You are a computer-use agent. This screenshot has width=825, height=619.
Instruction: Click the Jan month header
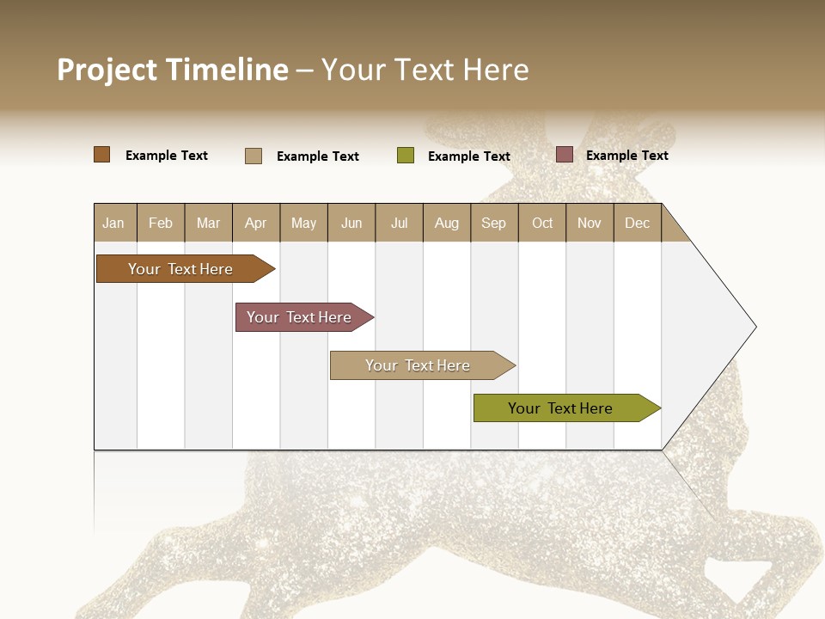(x=114, y=223)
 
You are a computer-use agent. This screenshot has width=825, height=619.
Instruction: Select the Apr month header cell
(x=256, y=223)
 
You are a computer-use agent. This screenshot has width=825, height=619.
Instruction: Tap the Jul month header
(x=399, y=223)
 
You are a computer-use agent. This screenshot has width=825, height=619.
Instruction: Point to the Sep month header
(x=494, y=223)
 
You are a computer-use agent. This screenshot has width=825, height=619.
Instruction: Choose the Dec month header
(x=637, y=223)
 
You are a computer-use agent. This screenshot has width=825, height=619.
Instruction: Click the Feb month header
(x=161, y=223)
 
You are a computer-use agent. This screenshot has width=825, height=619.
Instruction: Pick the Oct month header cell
(x=542, y=223)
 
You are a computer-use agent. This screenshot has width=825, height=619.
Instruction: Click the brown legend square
(x=101, y=155)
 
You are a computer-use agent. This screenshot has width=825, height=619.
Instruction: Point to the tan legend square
(x=254, y=156)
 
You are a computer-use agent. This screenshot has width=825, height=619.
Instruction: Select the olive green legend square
(x=406, y=156)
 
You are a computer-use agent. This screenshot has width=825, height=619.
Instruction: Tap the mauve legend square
(x=565, y=155)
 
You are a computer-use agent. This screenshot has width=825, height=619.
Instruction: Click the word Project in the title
(x=107, y=70)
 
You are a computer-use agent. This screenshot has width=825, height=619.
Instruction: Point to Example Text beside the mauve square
(x=626, y=156)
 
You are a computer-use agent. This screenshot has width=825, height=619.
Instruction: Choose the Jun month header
(x=351, y=223)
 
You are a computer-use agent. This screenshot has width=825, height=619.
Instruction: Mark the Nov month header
(x=590, y=223)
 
